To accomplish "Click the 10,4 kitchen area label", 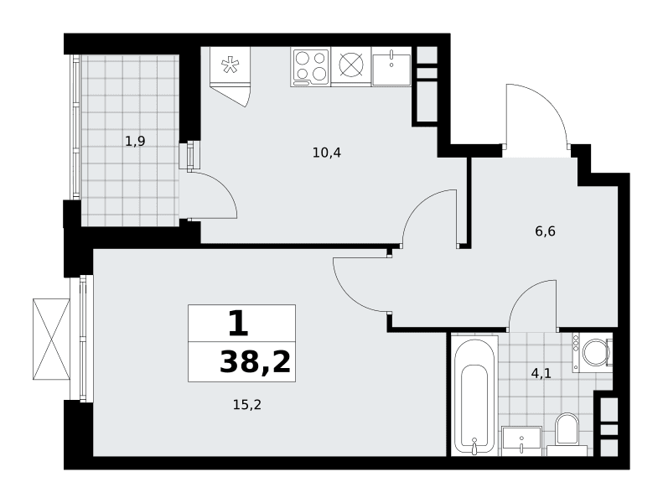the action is pyautogui.click(x=326, y=153).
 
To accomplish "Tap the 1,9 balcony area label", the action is pyautogui.click(x=135, y=141).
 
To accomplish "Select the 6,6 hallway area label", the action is pyautogui.click(x=545, y=231).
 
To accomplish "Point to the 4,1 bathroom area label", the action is pyautogui.click(x=541, y=374).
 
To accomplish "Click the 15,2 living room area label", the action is pyautogui.click(x=247, y=405).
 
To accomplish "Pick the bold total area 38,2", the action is pyautogui.click(x=256, y=362).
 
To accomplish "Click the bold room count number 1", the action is pyautogui.click(x=238, y=323).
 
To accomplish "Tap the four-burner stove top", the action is pyautogui.click(x=311, y=66).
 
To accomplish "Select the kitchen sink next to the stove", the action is pyautogui.click(x=391, y=66).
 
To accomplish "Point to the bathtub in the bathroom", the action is pyautogui.click(x=474, y=397).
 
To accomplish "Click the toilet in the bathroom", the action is pyautogui.click(x=567, y=433).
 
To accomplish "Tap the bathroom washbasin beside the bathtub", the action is pyautogui.click(x=522, y=441).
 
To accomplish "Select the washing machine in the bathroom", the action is pyautogui.click(x=592, y=352).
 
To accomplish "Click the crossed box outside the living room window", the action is pyautogui.click(x=51, y=340).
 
